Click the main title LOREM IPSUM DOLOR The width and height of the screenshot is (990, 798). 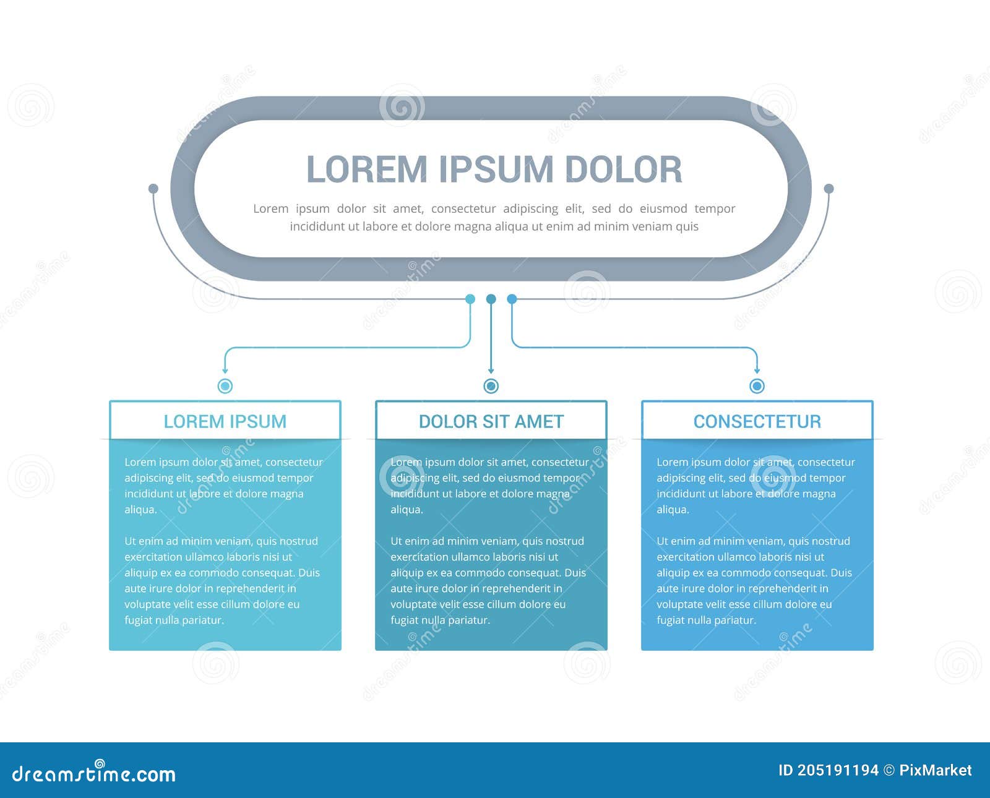(x=494, y=169)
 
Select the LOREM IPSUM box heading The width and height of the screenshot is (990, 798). (x=225, y=421)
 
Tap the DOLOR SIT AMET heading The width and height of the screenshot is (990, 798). (x=491, y=421)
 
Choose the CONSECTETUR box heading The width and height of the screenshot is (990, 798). (x=757, y=421)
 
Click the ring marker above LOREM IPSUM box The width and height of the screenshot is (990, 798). (x=225, y=386)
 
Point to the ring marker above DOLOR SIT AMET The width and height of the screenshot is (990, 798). (x=491, y=386)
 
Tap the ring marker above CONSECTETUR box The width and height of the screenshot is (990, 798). (x=757, y=386)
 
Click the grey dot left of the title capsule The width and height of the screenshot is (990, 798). (x=153, y=189)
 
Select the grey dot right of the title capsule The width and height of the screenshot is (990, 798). (x=829, y=189)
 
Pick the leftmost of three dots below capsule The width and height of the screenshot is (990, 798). (x=470, y=299)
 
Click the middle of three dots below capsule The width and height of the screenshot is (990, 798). (x=491, y=299)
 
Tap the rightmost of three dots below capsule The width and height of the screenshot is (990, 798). (x=512, y=299)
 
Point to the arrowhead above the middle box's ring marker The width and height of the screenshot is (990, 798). (x=491, y=371)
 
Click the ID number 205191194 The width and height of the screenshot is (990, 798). (x=837, y=770)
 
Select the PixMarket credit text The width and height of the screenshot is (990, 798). (x=935, y=770)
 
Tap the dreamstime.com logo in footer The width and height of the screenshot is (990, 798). (x=94, y=773)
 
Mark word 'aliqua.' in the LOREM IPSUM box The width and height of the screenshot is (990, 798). (x=141, y=510)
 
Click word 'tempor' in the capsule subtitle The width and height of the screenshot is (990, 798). (x=715, y=208)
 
